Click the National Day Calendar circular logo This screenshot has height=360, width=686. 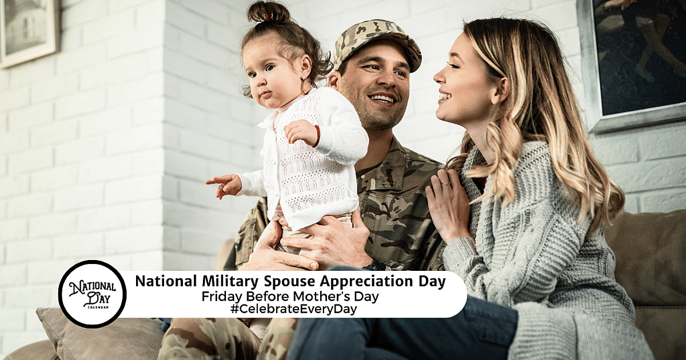click(92, 294)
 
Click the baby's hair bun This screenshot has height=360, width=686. click(268, 11)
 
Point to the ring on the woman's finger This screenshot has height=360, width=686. click(444, 182)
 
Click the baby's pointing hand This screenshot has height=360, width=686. click(224, 184)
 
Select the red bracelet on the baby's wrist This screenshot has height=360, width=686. click(317, 135)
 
